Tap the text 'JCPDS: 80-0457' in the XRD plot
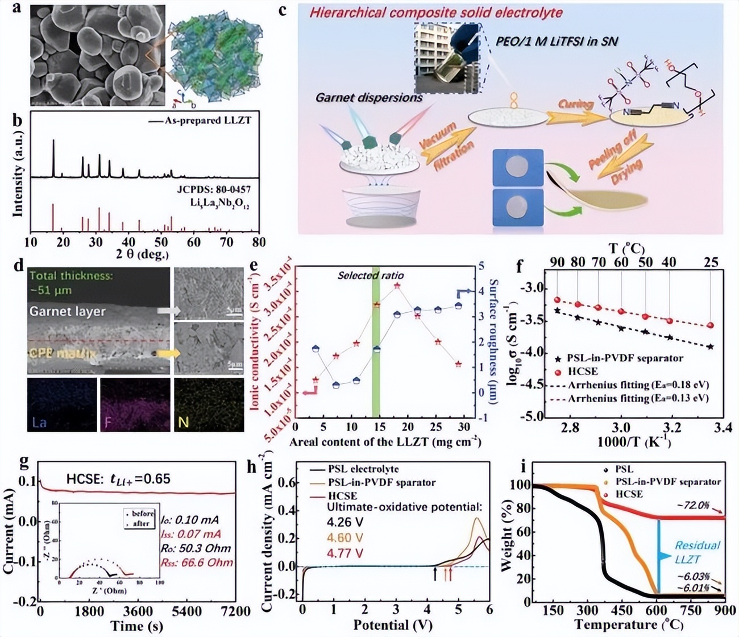[x=217, y=189]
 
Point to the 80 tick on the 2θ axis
[x=259, y=242]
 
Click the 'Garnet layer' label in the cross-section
[x=68, y=311]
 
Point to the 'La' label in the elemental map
[x=40, y=423]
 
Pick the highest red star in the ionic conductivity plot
[x=397, y=286]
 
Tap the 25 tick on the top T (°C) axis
[x=711, y=263]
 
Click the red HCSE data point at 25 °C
[x=711, y=326]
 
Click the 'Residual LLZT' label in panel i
[x=696, y=552]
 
